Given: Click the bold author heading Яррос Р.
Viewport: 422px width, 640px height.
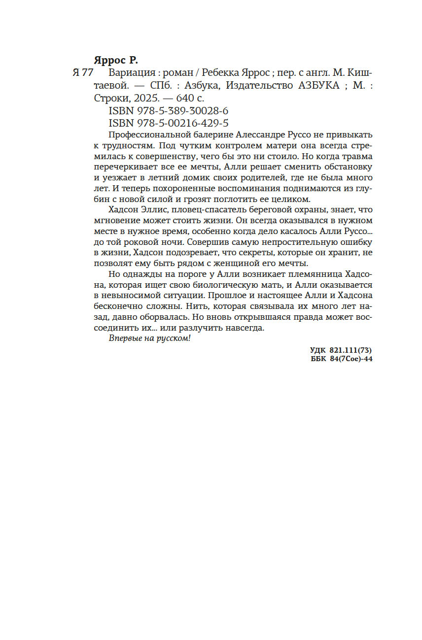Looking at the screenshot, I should pyautogui.click(x=116, y=61).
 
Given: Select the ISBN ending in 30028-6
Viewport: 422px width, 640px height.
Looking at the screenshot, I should pyautogui.click(x=168, y=110).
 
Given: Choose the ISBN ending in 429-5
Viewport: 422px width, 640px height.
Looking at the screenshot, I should pyautogui.click(x=168, y=123).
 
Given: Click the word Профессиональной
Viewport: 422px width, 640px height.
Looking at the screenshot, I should pyautogui.click(x=148, y=135).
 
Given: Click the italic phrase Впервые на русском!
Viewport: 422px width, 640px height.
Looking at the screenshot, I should pyautogui.click(x=149, y=339).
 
